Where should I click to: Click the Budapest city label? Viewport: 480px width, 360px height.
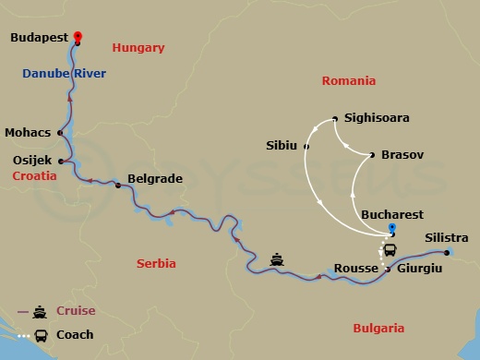click(x=40, y=39)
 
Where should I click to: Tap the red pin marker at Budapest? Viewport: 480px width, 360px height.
click(x=78, y=34)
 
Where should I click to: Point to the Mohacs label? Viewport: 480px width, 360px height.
click(x=28, y=132)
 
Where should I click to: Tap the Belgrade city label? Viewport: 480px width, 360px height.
click(x=154, y=179)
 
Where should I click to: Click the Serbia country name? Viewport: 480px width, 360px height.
click(x=158, y=263)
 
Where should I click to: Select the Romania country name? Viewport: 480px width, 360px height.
click(x=348, y=81)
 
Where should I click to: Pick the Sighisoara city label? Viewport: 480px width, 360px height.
click(x=376, y=118)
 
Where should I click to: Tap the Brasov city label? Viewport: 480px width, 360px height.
click(x=402, y=155)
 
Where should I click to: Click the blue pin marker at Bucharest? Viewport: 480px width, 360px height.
click(x=392, y=228)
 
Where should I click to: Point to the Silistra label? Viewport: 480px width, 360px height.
click(x=447, y=238)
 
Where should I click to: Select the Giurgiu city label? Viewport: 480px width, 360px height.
click(x=419, y=268)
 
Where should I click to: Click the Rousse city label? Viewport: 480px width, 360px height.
click(x=360, y=268)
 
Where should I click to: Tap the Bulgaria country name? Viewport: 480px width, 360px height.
click(x=378, y=328)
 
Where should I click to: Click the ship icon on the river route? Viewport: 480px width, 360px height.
click(x=277, y=259)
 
